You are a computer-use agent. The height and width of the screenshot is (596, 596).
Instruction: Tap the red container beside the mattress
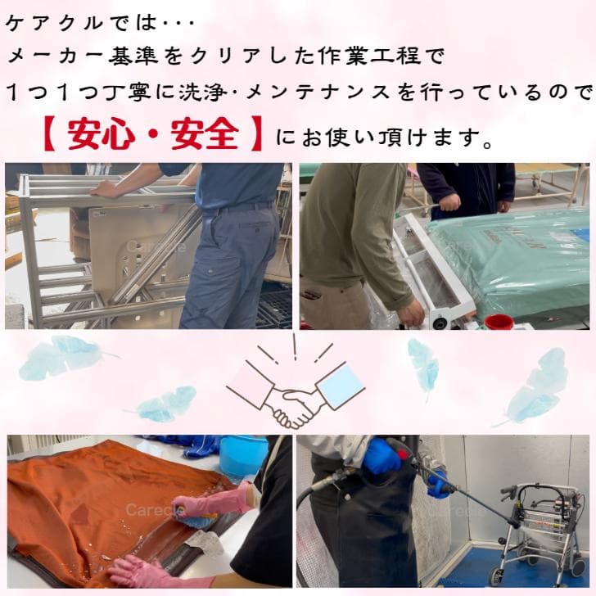point(499,321)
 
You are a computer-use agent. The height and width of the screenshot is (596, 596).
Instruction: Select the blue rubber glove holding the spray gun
point(382,456)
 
